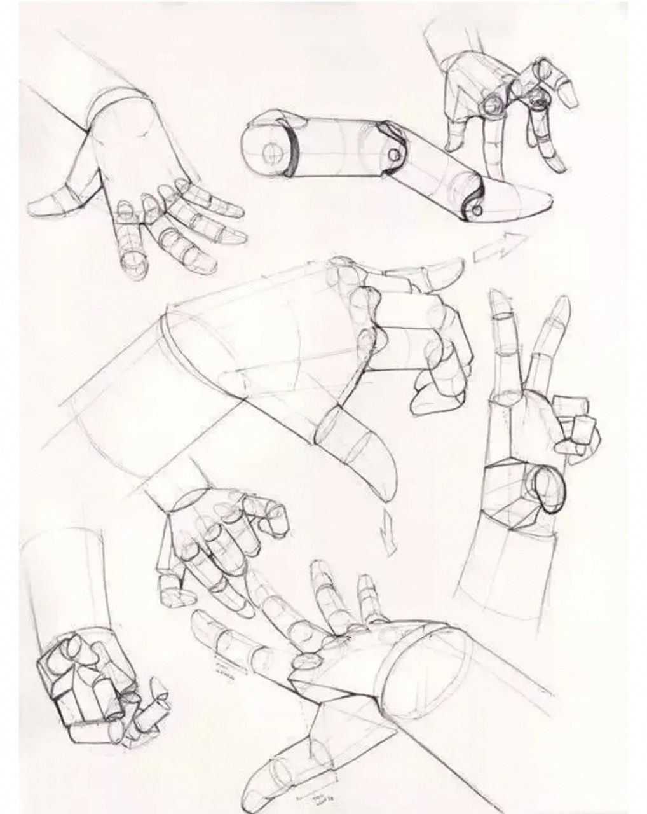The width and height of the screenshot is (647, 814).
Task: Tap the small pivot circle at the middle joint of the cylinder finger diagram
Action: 395,154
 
